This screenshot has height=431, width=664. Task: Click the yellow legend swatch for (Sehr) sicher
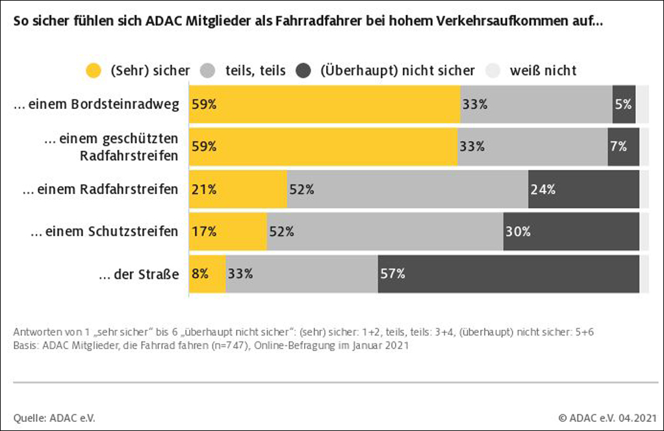pyautogui.click(x=94, y=70)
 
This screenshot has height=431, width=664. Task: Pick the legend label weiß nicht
pyautogui.click(x=543, y=70)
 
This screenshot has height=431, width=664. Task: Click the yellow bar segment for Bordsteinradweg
pyautogui.click(x=325, y=104)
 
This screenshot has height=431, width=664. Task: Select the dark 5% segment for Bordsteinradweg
pyautogui.click(x=624, y=104)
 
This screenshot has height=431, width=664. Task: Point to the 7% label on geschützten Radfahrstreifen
pyautogui.click(x=618, y=146)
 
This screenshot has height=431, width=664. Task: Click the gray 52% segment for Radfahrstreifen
pyautogui.click(x=407, y=190)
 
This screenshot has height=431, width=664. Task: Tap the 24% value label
pyautogui.click(x=543, y=190)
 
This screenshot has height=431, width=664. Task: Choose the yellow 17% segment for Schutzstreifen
pyautogui.click(x=228, y=232)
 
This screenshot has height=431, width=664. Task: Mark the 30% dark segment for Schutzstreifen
pyautogui.click(x=571, y=232)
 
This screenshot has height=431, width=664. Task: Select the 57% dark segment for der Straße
pyautogui.click(x=508, y=274)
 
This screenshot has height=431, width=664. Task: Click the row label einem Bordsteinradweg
pyautogui.click(x=96, y=105)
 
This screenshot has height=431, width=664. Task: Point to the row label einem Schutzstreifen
pyautogui.click(x=104, y=232)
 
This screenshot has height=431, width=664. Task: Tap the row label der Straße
pyautogui.click(x=138, y=274)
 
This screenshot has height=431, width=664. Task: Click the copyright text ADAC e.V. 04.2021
pyautogui.click(x=604, y=417)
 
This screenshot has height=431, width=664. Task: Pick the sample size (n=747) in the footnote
pyautogui.click(x=233, y=345)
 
